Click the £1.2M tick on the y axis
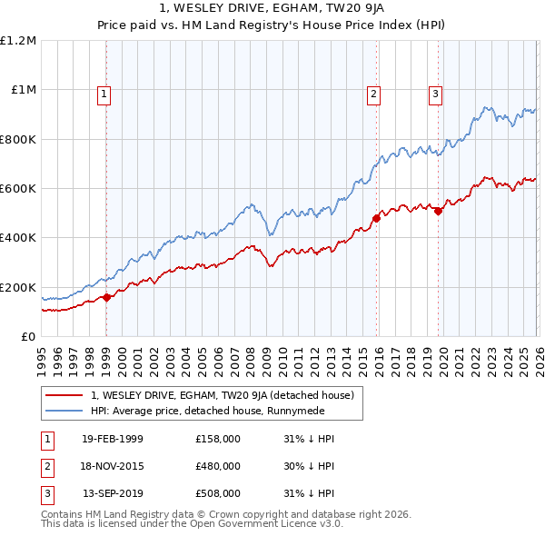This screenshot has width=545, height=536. click(18, 41)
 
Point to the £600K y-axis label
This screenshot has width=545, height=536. click(18, 189)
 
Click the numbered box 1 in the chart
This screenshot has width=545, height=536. click(104, 93)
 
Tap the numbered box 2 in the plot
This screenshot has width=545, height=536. click(373, 93)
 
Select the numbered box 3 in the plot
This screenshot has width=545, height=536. click(435, 93)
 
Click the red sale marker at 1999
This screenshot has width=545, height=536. click(107, 297)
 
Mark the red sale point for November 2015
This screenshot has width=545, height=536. click(376, 218)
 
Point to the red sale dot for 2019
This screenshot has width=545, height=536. click(438, 211)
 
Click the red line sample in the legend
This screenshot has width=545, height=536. click(64, 395)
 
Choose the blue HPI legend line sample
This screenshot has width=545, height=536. click(64, 410)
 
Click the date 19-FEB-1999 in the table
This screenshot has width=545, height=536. click(112, 439)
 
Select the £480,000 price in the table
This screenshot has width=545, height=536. click(218, 466)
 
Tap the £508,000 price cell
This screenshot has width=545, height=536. click(218, 494)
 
